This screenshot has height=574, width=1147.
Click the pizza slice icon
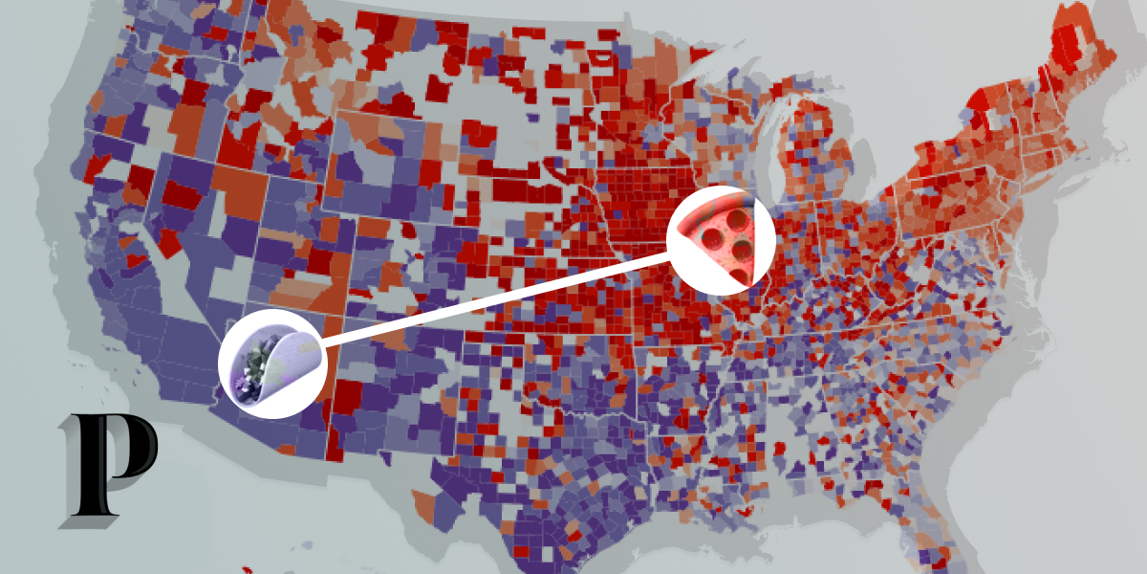pyautogui.click(x=723, y=240)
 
